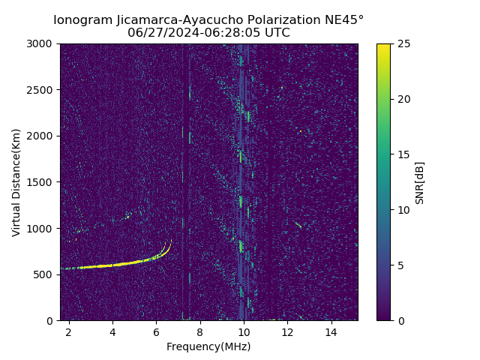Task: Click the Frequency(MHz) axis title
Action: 208,346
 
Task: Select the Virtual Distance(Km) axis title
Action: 16,182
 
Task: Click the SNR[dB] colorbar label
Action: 420,182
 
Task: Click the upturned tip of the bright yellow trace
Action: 170,241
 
